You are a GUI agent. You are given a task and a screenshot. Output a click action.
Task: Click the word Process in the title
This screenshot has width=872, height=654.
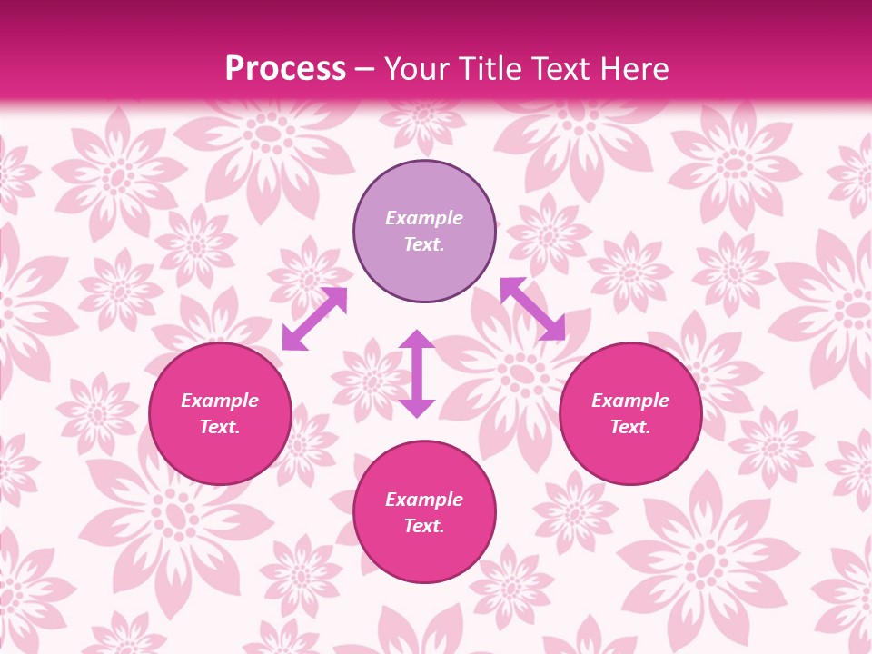[x=285, y=69]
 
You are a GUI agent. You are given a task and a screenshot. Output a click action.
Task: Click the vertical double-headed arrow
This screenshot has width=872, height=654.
[x=417, y=373]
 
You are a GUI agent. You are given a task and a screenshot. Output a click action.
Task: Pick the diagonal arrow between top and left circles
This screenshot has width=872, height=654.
[x=314, y=318]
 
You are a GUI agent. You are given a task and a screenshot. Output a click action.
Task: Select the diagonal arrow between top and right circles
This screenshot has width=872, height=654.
[x=532, y=309]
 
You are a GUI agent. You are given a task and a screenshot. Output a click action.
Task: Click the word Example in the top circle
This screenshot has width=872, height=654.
[x=424, y=218]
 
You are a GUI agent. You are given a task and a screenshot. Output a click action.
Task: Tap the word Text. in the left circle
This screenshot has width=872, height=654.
[x=220, y=427]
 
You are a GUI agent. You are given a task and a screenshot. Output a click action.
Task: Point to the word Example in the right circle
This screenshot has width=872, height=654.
[x=630, y=401]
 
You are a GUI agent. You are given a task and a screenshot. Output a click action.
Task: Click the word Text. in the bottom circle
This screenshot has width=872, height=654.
[x=424, y=526]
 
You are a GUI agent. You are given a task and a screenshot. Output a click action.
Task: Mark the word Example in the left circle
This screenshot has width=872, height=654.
[x=220, y=401]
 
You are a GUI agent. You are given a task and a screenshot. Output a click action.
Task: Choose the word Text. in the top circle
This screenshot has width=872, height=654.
[x=424, y=244]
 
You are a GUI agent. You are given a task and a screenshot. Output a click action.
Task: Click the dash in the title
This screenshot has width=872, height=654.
[x=365, y=70]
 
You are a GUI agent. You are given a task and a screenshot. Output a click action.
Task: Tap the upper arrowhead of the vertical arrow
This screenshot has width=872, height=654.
[x=417, y=341]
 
